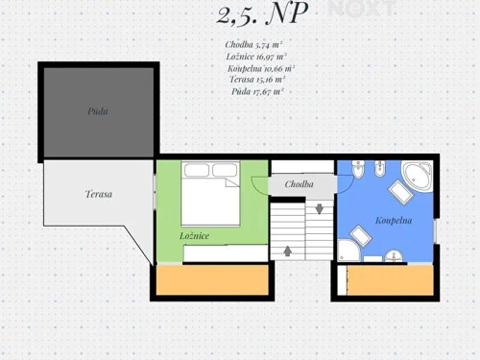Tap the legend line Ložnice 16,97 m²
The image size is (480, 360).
coord(254,57)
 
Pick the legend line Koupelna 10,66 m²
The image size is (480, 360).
coord(260,69)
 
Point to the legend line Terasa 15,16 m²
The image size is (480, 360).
coord(257,81)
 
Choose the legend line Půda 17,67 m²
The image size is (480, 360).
coord(256,92)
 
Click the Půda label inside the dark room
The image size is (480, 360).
coord(98,111)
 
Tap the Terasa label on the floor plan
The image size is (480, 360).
coord(98,194)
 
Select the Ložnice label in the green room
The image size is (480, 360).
coord(195,235)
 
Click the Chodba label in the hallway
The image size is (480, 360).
coord(300,184)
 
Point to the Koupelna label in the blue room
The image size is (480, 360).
coord(394,220)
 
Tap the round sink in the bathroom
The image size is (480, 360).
coord(394,255)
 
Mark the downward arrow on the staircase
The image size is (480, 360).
coord(319,207)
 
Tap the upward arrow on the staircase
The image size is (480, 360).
coord(288,252)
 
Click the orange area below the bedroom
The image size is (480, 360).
coord(211,279)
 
